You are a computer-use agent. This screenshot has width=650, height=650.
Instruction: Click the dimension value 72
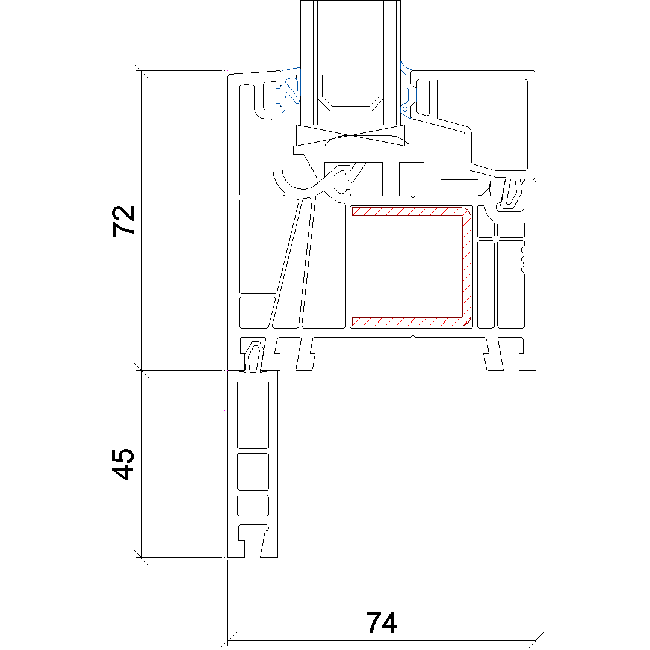pos(123,221)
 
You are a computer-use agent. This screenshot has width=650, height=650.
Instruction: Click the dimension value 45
pos(123,464)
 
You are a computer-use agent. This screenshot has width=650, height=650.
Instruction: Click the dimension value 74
pos(382,623)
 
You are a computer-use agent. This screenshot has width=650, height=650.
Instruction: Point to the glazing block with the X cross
pos(350,135)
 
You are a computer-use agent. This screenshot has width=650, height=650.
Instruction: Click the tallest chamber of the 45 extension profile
pos(253,415)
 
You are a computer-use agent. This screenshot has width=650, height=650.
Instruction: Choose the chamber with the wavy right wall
pos(510,283)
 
